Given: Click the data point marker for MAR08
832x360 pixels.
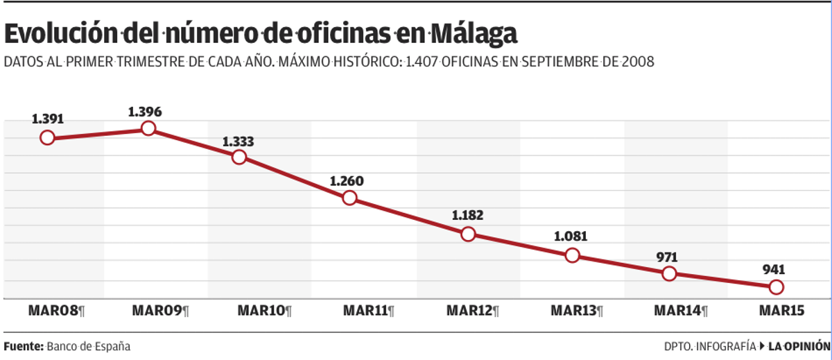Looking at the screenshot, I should pyautogui.click(x=47, y=137).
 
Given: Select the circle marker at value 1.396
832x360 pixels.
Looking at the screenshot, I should pyautogui.click(x=148, y=128).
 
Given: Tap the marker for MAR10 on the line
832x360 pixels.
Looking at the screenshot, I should pyautogui.click(x=239, y=157).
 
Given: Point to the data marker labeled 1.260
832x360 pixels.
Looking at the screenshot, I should pyautogui.click(x=349, y=198).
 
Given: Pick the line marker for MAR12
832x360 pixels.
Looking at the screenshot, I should pyautogui.click(x=468, y=234).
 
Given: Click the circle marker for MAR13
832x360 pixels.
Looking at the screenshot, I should pyautogui.click(x=572, y=255).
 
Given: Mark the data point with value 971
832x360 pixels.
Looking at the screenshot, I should pyautogui.click(x=669, y=273).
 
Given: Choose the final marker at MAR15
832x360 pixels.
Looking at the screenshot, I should pyautogui.click(x=777, y=286).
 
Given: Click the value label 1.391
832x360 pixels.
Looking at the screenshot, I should pyautogui.click(x=47, y=119).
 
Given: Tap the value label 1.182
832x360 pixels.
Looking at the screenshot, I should pyautogui.click(x=467, y=215).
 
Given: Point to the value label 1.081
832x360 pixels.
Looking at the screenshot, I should pyautogui.click(x=571, y=236).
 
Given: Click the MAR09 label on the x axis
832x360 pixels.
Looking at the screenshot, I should pyautogui.click(x=158, y=311).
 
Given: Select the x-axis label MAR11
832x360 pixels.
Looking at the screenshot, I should pyautogui.click(x=365, y=311).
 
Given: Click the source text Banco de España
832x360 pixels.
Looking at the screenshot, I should pyautogui.click(x=88, y=345).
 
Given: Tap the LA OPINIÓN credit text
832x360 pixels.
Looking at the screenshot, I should pyautogui.click(x=799, y=345).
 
